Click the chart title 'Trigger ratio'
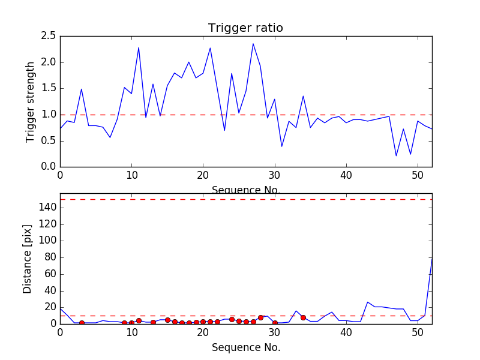245,28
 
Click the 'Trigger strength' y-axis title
31,101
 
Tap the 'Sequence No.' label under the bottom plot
245,347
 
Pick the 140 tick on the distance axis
47,208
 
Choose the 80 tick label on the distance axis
49,257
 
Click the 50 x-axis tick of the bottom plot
418,332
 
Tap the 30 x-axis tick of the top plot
275,175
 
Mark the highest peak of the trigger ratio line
253,43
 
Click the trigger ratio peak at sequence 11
139,47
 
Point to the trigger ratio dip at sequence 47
396,156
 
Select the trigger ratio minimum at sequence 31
282,146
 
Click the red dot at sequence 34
303,317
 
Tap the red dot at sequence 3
82,323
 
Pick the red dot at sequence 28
260,317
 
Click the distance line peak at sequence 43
368,302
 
